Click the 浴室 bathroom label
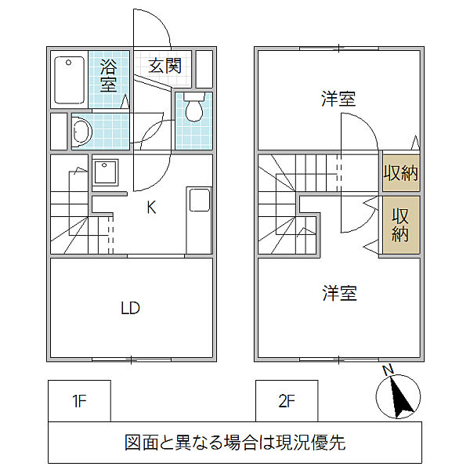click(x=108, y=75)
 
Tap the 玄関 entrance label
click(x=164, y=66)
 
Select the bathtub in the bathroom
click(x=69, y=81)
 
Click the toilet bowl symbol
click(x=194, y=107)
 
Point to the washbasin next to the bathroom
click(x=81, y=132)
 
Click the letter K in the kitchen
click(x=151, y=207)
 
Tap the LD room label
click(x=130, y=308)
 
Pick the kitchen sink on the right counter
click(x=199, y=200)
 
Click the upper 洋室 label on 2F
click(x=338, y=99)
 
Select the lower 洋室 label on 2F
click(x=340, y=293)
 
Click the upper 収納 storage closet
click(x=401, y=173)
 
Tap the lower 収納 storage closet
click(x=401, y=225)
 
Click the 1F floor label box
click(x=79, y=401)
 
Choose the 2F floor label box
click(x=287, y=401)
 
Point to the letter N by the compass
click(x=389, y=370)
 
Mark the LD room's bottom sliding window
click(x=132, y=360)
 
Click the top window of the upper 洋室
click(x=339, y=49)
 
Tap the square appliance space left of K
click(x=105, y=172)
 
